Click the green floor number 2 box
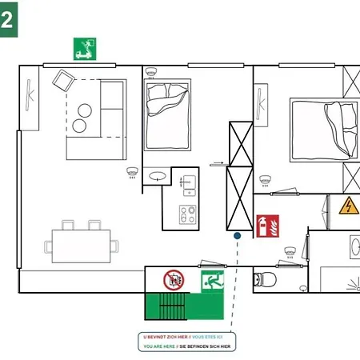pos(8,19)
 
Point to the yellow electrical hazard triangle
pos(349,206)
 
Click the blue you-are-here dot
pos(237,236)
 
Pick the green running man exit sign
pos(212,280)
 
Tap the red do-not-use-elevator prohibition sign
pos(174,280)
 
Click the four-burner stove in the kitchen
pos(187,214)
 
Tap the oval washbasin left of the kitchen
pos(158,174)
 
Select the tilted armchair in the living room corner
pos(62,80)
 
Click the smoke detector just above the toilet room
pos(288,251)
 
